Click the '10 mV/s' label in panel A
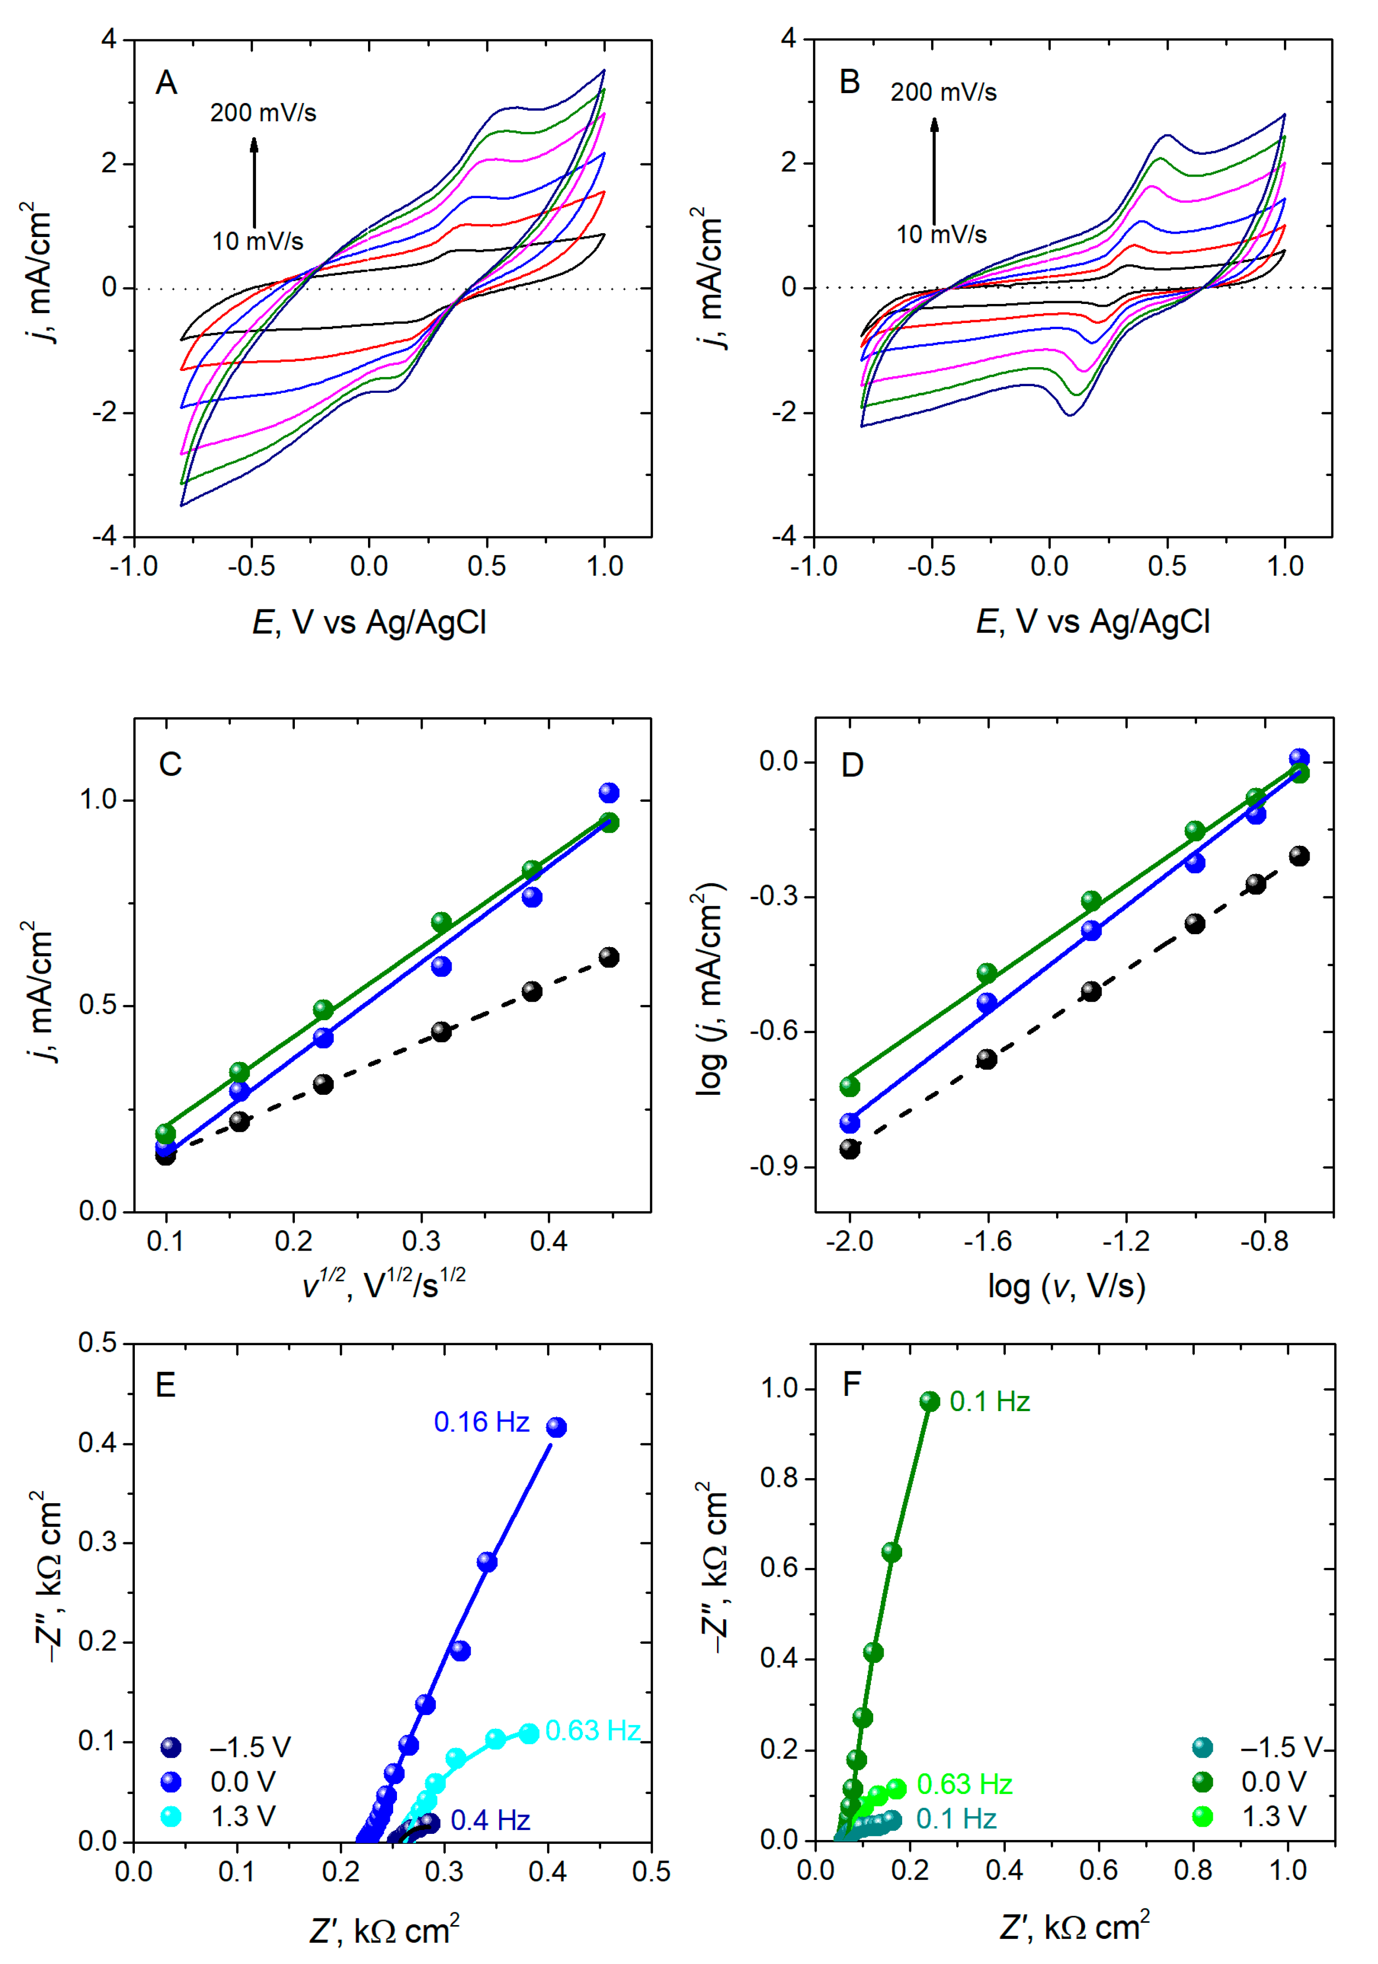click(257, 241)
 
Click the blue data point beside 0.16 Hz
click(556, 1427)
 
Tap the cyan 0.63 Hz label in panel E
click(593, 1730)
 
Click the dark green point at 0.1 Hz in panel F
click(930, 1401)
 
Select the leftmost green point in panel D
click(849, 1086)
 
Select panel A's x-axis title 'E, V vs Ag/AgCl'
click(369, 622)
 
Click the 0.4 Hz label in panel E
click(490, 1820)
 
